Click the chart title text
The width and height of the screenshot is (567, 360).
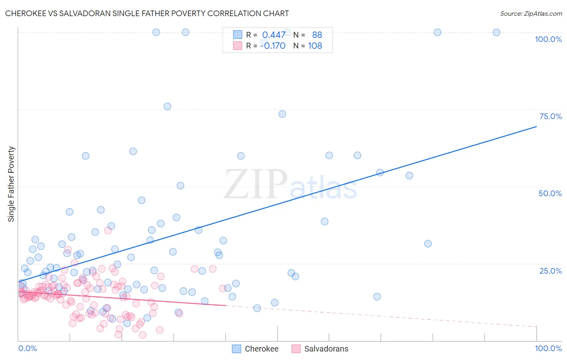pos(147,13)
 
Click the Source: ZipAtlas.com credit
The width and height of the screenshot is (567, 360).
pos(531,13)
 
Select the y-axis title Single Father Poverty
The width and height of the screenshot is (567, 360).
pos(11,184)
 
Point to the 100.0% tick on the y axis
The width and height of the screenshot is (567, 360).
pos(548,39)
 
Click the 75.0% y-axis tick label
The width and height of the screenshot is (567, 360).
pos(550,116)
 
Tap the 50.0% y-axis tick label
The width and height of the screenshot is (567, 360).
pos(550,193)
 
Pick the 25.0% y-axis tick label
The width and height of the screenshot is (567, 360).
pos(550,271)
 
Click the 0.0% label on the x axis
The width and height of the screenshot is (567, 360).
pos(27,348)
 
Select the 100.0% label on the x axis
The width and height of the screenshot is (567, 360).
pos(548,348)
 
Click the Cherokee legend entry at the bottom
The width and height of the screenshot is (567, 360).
pos(256,349)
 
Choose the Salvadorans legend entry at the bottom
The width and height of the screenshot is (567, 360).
pos(320,349)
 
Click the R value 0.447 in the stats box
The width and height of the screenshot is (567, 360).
pos(274,35)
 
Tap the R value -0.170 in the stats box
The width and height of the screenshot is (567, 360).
pos(273,46)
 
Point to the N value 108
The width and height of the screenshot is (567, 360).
pos(315,46)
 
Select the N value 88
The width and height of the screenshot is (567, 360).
pos(317,35)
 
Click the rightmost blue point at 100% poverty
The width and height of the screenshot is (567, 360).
pos(496,32)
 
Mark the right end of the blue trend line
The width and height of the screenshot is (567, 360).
pos(536,127)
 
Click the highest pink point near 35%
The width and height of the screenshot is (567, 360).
pos(108,230)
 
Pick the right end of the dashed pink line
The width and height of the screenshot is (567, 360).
pos(536,327)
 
